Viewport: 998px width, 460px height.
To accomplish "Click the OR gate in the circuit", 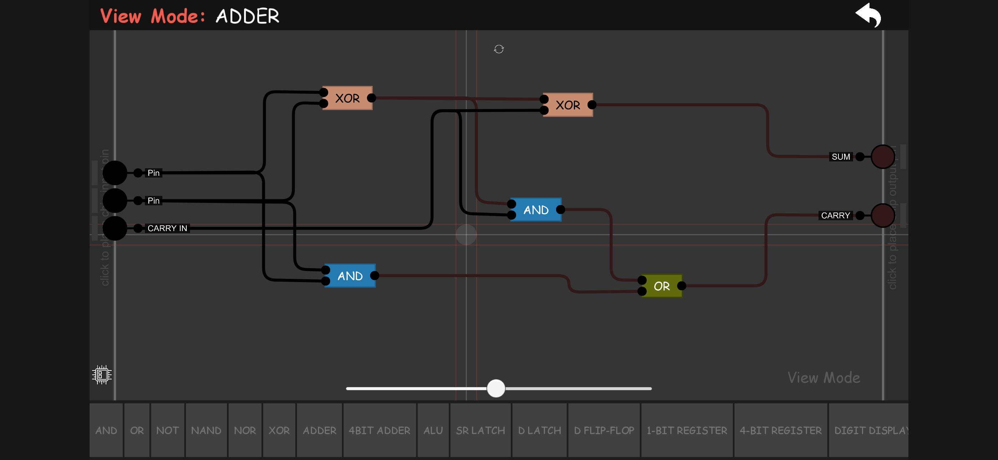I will (661, 286).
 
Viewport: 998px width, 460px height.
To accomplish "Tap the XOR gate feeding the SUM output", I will (568, 105).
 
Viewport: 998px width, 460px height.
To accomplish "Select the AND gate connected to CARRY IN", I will (536, 210).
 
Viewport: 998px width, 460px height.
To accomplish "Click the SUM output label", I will (840, 157).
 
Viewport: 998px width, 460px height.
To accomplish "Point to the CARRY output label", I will (835, 215).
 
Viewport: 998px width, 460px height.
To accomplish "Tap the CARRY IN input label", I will (167, 228).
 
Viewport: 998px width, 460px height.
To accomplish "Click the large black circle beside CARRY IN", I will (115, 228).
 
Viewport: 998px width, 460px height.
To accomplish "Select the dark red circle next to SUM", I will (883, 157).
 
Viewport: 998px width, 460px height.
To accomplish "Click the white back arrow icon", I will (868, 15).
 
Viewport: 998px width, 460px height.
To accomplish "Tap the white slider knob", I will (495, 388).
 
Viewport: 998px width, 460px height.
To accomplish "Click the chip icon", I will (102, 374).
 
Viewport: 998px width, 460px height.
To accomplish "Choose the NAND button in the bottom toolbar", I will (206, 430).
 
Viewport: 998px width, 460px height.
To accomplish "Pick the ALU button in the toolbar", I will (433, 430).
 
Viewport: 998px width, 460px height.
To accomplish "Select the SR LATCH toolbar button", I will (480, 430).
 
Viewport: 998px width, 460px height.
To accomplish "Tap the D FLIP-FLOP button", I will (604, 430).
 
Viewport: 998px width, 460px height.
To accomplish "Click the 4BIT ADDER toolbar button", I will (379, 430).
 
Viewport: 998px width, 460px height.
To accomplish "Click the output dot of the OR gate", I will (682, 286).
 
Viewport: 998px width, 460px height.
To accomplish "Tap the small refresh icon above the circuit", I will (499, 49).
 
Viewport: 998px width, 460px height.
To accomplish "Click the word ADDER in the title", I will (247, 16).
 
